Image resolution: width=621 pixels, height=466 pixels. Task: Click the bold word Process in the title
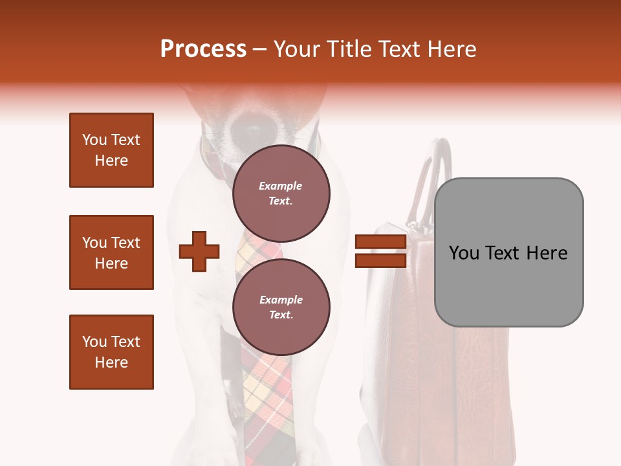tap(203, 49)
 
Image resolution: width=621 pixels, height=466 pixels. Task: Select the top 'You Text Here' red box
tap(111, 150)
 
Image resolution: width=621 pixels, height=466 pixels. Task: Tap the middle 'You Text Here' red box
tap(111, 252)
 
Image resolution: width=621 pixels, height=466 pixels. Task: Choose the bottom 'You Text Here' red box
tap(111, 352)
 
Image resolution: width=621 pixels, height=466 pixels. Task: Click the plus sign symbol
tap(199, 251)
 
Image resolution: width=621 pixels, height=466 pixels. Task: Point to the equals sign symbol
tap(380, 251)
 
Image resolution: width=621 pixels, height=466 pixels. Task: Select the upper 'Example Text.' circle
tap(281, 193)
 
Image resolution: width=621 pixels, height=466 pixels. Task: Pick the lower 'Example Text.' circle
tap(281, 307)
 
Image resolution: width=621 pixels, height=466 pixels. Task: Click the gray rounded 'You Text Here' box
tap(508, 252)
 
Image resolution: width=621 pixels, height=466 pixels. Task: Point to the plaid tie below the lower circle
tap(268, 401)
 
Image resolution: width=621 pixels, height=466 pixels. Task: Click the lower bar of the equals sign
tap(380, 260)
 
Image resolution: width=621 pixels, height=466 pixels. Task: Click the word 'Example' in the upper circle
tap(281, 186)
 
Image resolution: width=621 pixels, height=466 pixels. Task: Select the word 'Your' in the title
tap(296, 49)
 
